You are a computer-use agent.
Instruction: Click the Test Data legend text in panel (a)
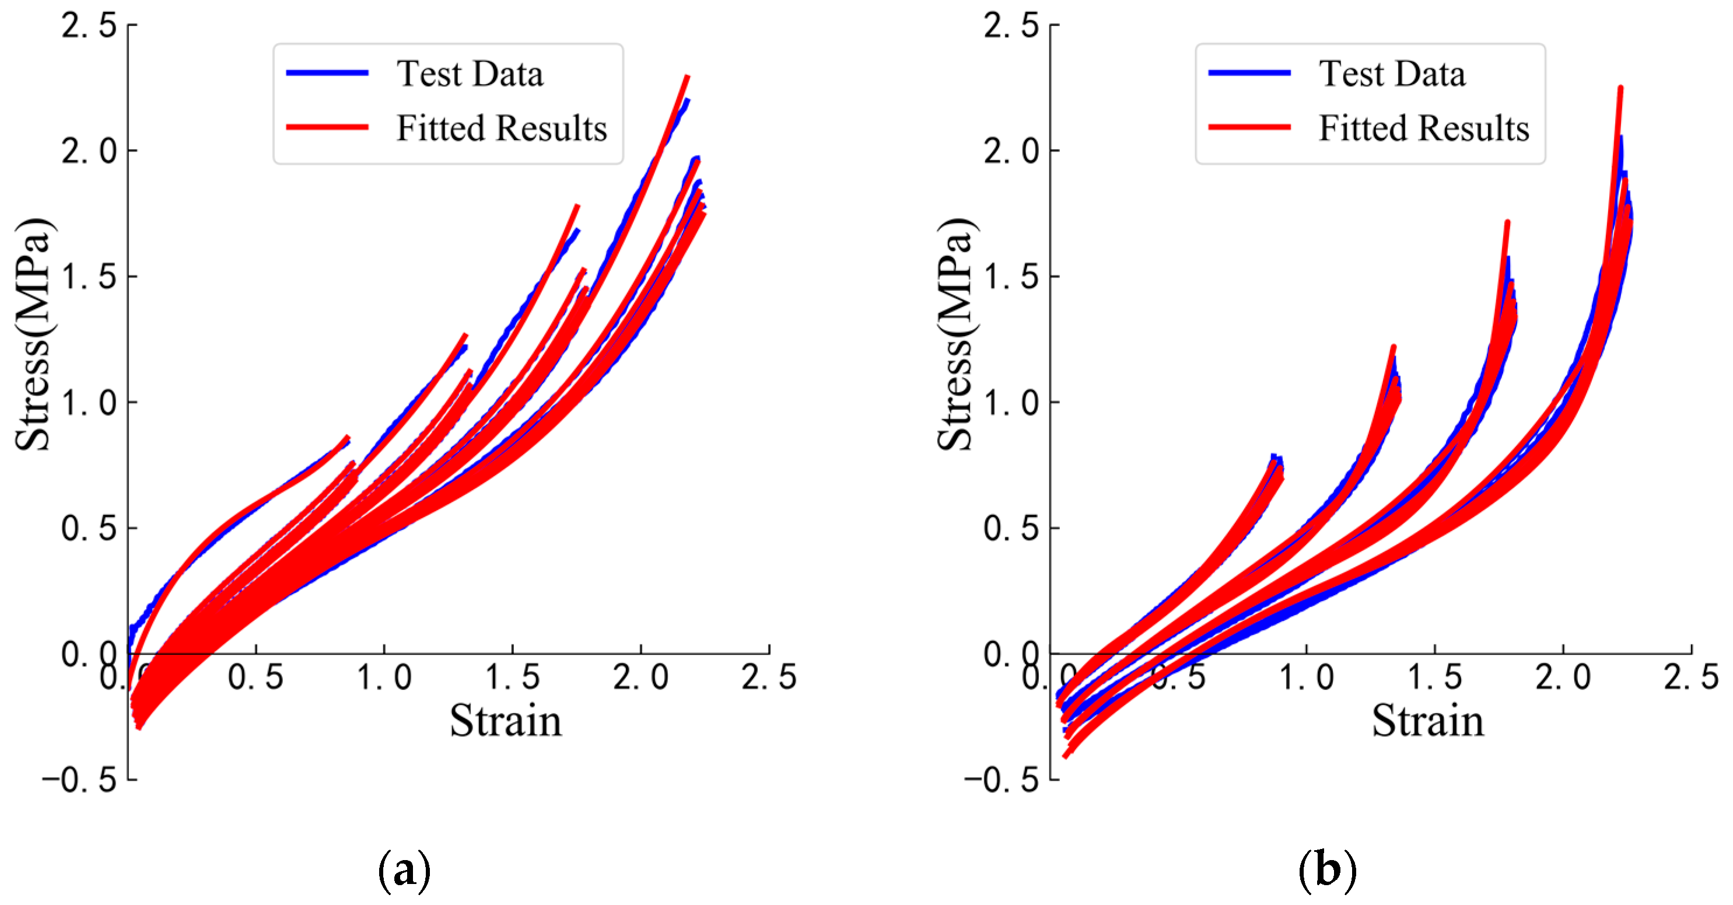[470, 74]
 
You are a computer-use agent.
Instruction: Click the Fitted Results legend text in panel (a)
[501, 128]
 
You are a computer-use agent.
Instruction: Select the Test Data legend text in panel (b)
[1391, 74]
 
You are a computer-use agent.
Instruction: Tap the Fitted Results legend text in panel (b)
[1423, 128]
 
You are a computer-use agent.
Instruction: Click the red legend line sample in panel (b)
[1249, 127]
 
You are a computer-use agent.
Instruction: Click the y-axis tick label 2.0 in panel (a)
[89, 151]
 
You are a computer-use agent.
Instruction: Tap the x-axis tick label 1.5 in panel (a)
[512, 677]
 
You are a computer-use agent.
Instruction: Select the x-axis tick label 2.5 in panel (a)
[768, 677]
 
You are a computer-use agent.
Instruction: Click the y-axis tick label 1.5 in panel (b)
[1011, 277]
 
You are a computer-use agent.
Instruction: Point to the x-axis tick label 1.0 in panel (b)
[1306, 677]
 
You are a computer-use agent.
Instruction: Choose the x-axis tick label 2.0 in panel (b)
[1562, 677]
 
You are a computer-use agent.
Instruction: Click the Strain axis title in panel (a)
[505, 721]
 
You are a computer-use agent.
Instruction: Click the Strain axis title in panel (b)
[1427, 721]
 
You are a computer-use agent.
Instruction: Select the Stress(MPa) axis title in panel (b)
[955, 334]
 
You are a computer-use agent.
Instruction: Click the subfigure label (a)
[404, 871]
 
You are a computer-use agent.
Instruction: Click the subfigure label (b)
[1326, 871]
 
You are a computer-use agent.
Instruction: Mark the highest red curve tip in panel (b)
[1620, 88]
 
